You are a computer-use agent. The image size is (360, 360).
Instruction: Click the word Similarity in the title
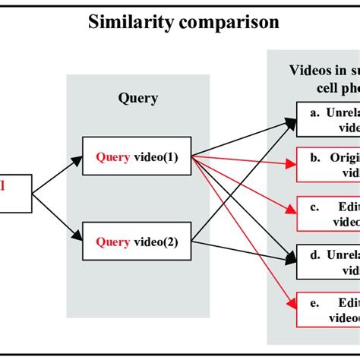click(130, 22)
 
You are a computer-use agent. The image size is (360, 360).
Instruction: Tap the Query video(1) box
click(136, 158)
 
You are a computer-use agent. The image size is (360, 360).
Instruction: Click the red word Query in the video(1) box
click(112, 158)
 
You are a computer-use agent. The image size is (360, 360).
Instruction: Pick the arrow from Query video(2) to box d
click(243, 248)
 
